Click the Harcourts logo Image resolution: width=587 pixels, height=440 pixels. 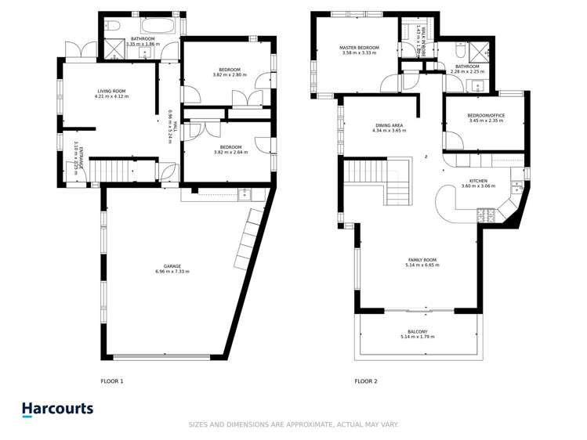coord(57,409)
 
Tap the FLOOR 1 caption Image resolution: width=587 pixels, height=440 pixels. coord(112,381)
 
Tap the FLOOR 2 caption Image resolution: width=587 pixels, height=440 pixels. coord(366,381)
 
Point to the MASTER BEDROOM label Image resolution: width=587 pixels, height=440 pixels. coord(359,48)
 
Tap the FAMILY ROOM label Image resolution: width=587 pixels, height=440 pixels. coord(422,260)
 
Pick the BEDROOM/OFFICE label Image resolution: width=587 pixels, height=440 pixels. coord(486,115)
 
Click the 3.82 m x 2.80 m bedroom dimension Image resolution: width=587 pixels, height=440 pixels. coord(230,74)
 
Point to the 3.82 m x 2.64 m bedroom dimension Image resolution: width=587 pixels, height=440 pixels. coord(230,152)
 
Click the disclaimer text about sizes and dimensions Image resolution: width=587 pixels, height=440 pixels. coord(293,425)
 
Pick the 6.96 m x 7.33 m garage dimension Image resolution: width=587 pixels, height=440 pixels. coord(172,272)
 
